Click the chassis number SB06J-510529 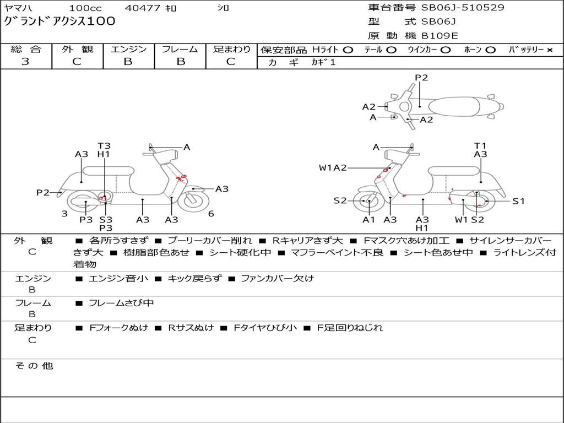pos(463,8)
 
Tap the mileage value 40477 pos(143,8)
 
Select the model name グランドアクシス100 pos(60,21)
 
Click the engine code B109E pos(440,36)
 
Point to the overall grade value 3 pos(25,62)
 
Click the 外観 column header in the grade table pos(77,50)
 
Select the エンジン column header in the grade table pos(128,50)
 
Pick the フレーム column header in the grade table pos(180,50)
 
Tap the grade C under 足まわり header pos(231,62)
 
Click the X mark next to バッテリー pos(549,50)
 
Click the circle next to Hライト pos(348,50)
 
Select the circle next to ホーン pos(490,50)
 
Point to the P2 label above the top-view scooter pos(421,78)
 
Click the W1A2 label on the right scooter pos(333,168)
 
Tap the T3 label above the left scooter pos(104,146)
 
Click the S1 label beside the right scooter pos(519,201)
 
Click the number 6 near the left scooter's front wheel pos(211,214)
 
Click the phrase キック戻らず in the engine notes pos(194,279)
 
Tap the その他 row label pos(34,366)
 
